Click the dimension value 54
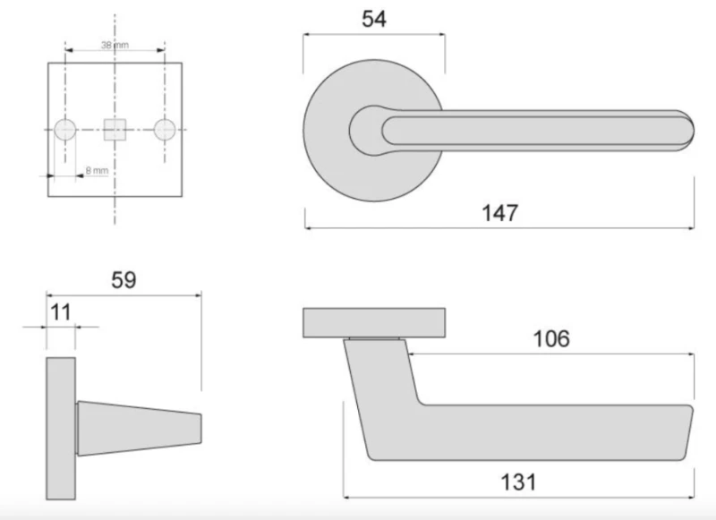[x=373, y=20]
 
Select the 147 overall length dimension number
[x=500, y=213]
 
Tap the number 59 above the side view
[x=124, y=279]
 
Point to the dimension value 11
[x=61, y=312]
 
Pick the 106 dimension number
[x=551, y=338]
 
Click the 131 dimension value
[x=516, y=482]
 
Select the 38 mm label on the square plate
[x=113, y=44]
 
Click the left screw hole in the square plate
[x=64, y=130]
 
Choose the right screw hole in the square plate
[x=165, y=130]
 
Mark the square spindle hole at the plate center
[x=115, y=130]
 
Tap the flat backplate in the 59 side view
[x=61, y=429]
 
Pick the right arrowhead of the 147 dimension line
[x=691, y=228]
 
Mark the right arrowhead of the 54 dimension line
[x=441, y=35]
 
